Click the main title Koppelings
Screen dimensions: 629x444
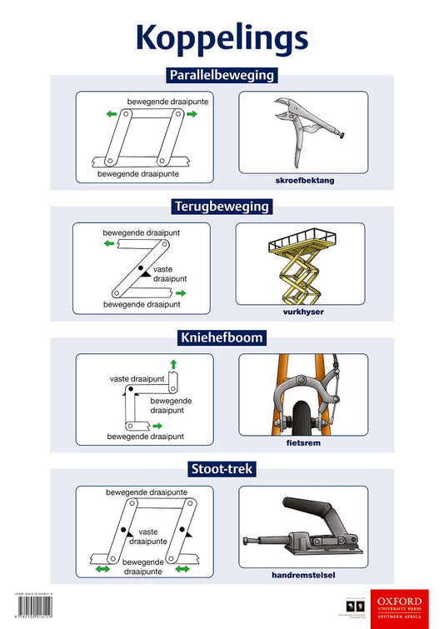222,37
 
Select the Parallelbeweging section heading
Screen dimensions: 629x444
222,75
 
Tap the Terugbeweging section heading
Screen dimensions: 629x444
222,206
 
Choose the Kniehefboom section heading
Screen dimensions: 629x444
222,337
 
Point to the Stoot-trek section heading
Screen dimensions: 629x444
222,469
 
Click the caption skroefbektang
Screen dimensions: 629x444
303,180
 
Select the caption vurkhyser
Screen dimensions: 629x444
302,312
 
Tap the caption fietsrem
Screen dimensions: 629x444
303,443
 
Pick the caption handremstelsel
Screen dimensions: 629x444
303,575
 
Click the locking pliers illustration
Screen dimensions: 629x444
303,130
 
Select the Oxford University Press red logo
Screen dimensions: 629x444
406,608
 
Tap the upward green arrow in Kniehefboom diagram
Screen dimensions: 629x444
173,363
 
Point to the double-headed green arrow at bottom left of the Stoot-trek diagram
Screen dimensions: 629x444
104,569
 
